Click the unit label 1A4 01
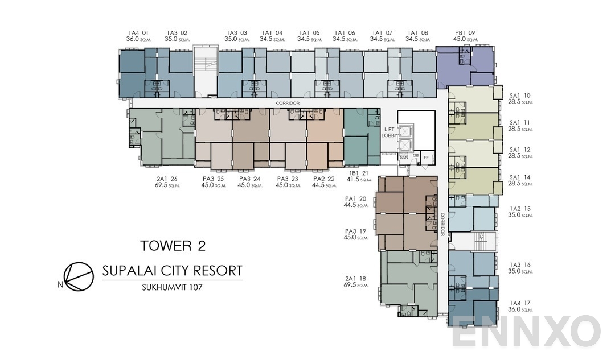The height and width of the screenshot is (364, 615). (x=138, y=32)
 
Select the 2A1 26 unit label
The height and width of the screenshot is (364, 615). (x=166, y=179)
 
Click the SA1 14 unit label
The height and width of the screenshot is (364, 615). (x=520, y=177)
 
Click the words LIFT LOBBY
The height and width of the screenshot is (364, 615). (x=389, y=132)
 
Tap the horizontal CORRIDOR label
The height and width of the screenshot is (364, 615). (x=288, y=103)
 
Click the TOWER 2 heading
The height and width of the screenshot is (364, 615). (x=173, y=246)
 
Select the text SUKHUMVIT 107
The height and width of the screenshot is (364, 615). (x=173, y=287)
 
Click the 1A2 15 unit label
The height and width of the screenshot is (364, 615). (x=520, y=209)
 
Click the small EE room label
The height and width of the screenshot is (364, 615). (x=426, y=157)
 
